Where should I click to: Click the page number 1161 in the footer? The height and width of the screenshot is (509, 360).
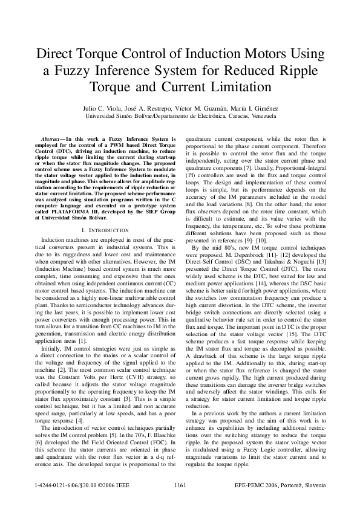coord(180,485)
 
